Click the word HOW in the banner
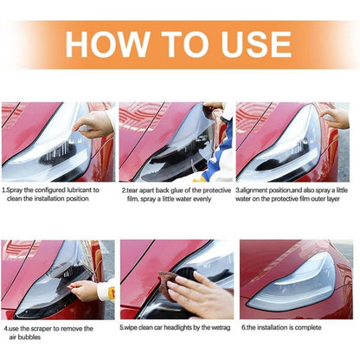107,45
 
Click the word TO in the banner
184,45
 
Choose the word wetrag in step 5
221,328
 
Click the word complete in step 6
308,328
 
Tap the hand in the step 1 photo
92,124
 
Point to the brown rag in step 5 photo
168,284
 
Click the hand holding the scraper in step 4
84,290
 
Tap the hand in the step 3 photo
335,118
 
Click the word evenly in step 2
202,199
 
